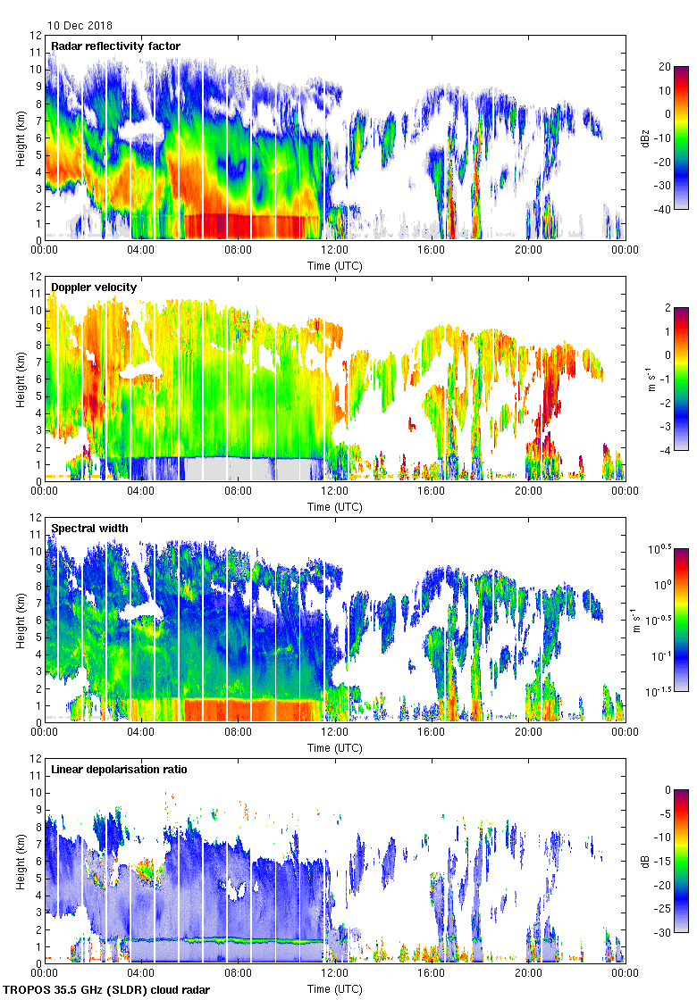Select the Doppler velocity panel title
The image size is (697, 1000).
(x=94, y=287)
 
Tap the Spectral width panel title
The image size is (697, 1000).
(x=89, y=528)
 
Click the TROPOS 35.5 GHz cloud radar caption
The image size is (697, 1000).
(x=108, y=990)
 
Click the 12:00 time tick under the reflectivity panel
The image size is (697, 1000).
(x=335, y=250)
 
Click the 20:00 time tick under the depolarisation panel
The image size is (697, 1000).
(x=528, y=973)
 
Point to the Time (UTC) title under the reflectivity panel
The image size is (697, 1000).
(x=335, y=265)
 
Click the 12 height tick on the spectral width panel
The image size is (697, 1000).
(x=36, y=518)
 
